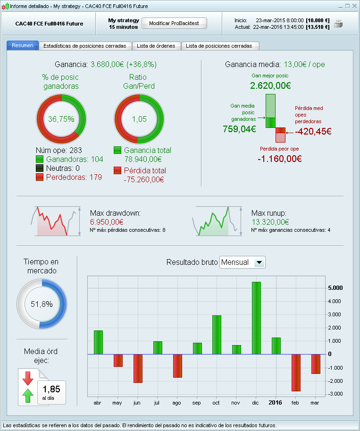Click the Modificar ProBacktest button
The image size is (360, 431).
174,23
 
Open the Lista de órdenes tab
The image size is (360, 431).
156,46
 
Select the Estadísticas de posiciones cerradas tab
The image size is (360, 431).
84,46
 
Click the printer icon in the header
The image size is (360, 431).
338,24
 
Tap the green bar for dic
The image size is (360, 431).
256,318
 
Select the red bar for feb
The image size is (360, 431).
296,372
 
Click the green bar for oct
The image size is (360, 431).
217,334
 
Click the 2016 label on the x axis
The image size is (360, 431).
276,403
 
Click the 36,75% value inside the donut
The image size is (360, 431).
61,119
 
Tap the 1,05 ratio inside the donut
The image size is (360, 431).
139,119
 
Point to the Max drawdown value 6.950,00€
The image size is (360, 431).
107,221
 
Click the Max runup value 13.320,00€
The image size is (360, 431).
270,221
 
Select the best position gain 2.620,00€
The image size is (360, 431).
270,86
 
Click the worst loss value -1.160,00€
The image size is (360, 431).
279,159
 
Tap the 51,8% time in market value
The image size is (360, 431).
42,304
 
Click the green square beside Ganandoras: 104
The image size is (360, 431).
40,159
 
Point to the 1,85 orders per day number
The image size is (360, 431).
51,389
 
